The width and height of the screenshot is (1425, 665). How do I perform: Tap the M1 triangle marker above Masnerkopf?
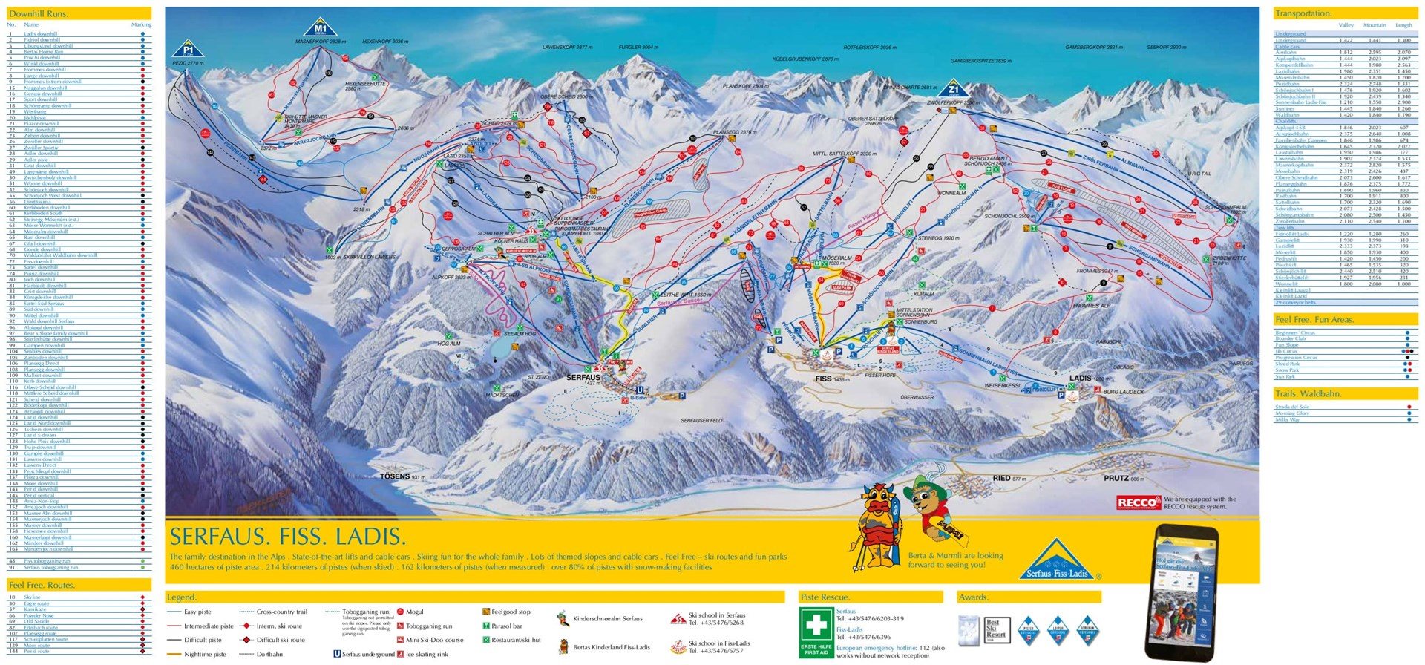click(320, 28)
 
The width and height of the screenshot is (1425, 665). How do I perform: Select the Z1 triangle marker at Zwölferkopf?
click(954, 88)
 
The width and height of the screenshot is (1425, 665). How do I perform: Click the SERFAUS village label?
click(583, 377)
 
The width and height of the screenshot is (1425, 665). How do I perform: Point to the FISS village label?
click(823, 379)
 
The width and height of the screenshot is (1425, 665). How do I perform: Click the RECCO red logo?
click(1138, 503)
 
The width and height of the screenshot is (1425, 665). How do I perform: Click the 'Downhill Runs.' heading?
click(38, 13)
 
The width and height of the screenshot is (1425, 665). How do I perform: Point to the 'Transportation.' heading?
click(1303, 13)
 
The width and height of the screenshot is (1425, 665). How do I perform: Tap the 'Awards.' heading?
click(973, 597)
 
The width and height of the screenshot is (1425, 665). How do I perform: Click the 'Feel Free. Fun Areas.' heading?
click(1314, 319)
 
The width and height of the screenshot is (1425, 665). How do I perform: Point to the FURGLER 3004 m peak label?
click(638, 47)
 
